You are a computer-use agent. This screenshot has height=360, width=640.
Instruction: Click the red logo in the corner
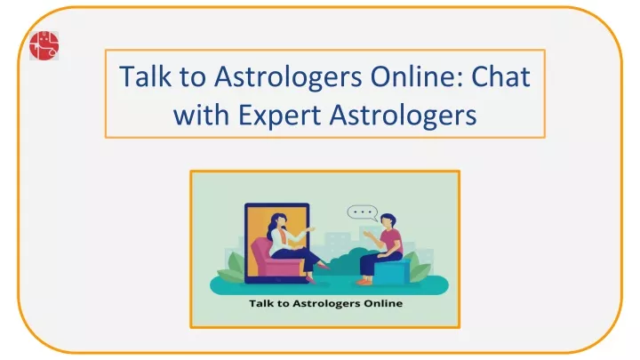pos(44,45)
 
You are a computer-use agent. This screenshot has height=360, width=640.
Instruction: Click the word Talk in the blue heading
pos(145,76)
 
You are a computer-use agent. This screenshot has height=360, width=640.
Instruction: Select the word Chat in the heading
pos(500,76)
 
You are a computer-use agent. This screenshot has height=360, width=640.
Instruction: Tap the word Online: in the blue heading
pos(417,76)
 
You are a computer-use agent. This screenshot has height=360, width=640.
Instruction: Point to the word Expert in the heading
pos(280,115)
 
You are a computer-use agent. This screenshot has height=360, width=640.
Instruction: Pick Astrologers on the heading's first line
pos(288,77)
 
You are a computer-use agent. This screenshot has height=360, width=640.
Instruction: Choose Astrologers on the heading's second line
pos(404,116)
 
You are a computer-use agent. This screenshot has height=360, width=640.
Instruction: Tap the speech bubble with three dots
pos(362,212)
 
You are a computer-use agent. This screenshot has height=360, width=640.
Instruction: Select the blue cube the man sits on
pos(391,271)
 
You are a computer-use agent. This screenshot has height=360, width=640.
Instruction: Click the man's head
pos(388,220)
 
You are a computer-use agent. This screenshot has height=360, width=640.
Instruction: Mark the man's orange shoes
pos(364,281)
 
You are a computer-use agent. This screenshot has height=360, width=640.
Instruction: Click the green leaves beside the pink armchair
pos(231,267)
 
